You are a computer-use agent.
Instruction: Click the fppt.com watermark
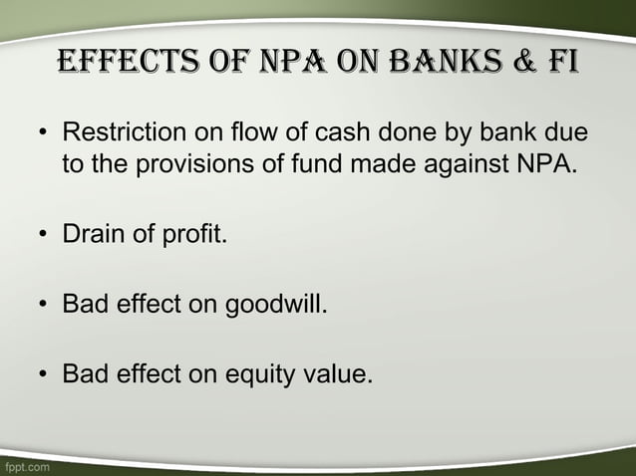(26, 465)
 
